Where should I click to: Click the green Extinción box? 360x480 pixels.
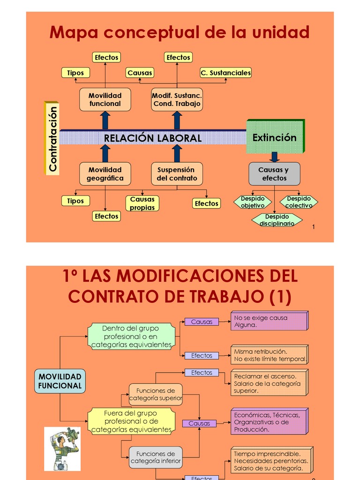(275, 137)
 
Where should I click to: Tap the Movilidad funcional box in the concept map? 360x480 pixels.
(105, 99)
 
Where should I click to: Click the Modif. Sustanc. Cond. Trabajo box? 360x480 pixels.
(177, 99)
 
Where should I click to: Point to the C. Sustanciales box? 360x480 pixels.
(225, 73)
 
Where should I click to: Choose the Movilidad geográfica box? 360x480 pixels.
(105, 174)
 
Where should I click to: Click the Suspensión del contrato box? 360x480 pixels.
(177, 174)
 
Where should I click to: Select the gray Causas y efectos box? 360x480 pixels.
(274, 174)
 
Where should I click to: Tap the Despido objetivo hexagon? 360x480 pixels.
(253, 202)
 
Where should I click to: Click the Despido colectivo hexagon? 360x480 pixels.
(299, 202)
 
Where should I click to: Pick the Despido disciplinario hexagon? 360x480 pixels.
(277, 220)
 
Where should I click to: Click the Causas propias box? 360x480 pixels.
(142, 203)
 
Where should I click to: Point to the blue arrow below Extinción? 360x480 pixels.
(275, 157)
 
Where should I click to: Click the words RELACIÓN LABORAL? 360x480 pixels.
(152, 138)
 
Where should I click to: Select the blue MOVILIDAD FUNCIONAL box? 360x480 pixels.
(60, 381)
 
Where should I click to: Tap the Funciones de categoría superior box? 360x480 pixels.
(156, 395)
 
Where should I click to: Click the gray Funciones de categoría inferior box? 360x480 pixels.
(156, 457)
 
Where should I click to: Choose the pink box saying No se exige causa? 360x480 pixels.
(269, 321)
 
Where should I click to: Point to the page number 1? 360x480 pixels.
(313, 227)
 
